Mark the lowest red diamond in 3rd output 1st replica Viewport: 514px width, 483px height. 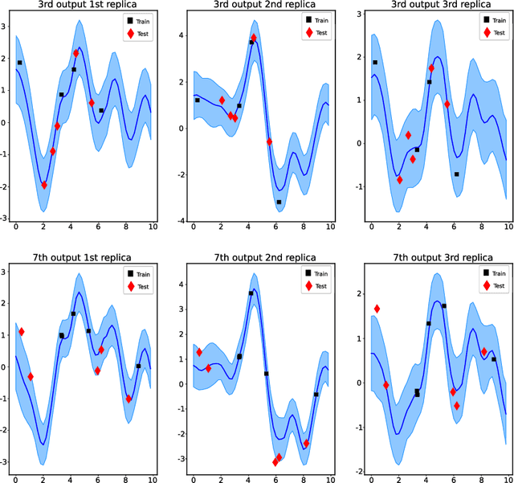[x=44, y=185]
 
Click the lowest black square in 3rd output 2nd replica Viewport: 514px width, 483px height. [x=279, y=203]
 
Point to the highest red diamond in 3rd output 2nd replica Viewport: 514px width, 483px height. [x=254, y=38]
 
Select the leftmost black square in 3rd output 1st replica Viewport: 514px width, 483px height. [x=19, y=62]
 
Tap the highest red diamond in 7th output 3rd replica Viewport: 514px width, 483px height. [x=377, y=309]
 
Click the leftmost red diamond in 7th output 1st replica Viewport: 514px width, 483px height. [x=22, y=331]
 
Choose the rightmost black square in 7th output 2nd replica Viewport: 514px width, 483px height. [x=316, y=395]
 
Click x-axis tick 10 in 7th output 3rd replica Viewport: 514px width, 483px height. [x=507, y=479]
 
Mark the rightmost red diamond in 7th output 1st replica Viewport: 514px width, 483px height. [x=128, y=399]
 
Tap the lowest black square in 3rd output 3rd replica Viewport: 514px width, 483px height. [x=456, y=174]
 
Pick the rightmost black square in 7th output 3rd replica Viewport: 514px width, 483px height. [x=494, y=359]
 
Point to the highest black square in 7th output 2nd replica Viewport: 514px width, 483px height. [x=251, y=293]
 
